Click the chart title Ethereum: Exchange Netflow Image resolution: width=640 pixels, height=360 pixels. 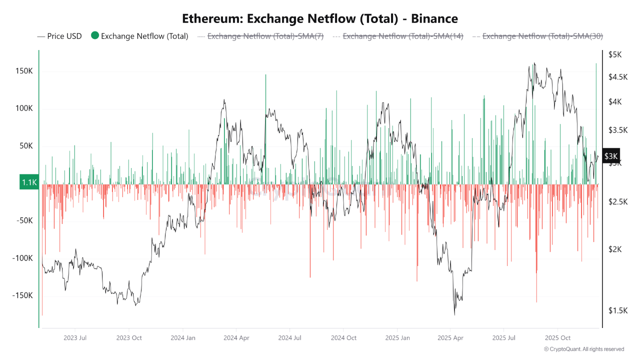[x=319, y=19]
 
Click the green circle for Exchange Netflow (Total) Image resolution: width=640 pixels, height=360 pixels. [x=95, y=35]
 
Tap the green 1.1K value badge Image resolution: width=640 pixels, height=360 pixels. [x=29, y=182]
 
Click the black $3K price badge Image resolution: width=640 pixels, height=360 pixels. [x=611, y=156]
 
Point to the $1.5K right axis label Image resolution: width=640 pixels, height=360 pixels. [x=617, y=310]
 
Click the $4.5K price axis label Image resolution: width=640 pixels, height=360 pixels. [x=617, y=77]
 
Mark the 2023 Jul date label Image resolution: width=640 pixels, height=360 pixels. [x=75, y=338]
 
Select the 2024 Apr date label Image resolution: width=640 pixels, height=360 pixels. [x=237, y=338]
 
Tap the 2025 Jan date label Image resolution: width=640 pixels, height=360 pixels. [x=397, y=338]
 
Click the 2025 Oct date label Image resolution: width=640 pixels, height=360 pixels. [x=557, y=338]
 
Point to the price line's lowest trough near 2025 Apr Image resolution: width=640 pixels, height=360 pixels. [x=454, y=314]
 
